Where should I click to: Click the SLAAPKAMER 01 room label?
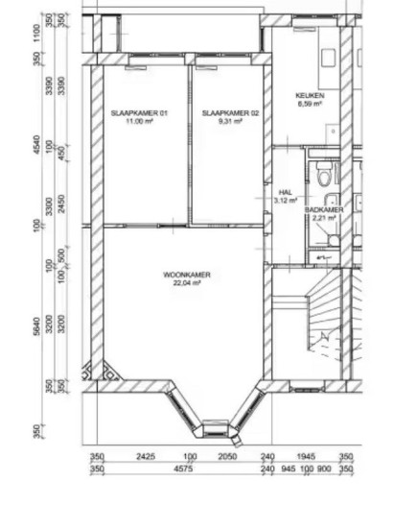[139, 113]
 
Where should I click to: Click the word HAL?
[285, 192]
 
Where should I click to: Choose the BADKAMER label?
[324, 208]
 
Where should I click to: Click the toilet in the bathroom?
[324, 176]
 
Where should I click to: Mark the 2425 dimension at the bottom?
[146, 457]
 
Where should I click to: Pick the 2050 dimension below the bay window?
[226, 457]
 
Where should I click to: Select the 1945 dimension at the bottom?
[306, 457]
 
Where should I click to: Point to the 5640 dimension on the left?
[37, 328]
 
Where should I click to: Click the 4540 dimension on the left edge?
[37, 147]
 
